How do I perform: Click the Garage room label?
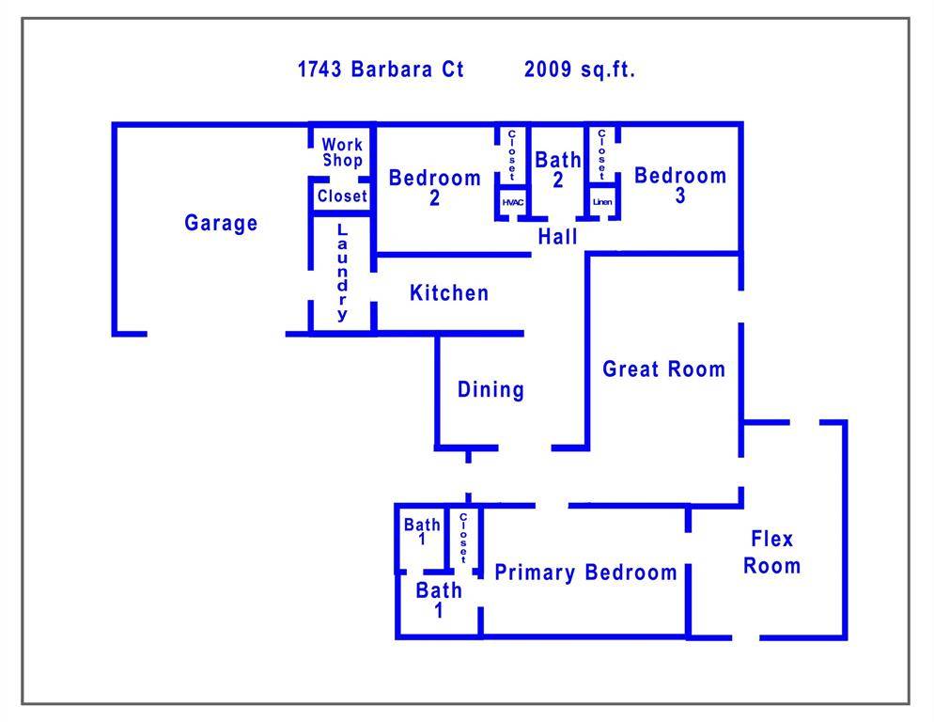(x=221, y=223)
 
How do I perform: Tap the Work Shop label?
(x=342, y=152)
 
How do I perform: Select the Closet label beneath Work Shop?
(x=342, y=196)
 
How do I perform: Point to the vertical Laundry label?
(x=342, y=273)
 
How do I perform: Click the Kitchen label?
(x=449, y=293)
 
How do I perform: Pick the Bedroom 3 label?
(x=680, y=185)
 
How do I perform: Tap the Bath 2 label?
(x=558, y=169)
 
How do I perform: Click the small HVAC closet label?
(x=513, y=203)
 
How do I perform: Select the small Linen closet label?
(x=602, y=203)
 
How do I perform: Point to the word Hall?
(x=558, y=237)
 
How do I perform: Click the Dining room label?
(x=490, y=389)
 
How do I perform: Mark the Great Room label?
(x=664, y=369)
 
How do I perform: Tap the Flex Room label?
(x=772, y=552)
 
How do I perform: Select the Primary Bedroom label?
(x=585, y=573)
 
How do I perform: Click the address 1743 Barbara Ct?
(x=381, y=70)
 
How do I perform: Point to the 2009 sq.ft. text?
(x=580, y=70)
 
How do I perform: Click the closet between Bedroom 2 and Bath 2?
(x=512, y=156)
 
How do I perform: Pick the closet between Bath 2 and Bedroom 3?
(x=601, y=154)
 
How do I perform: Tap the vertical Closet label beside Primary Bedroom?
(x=463, y=539)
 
